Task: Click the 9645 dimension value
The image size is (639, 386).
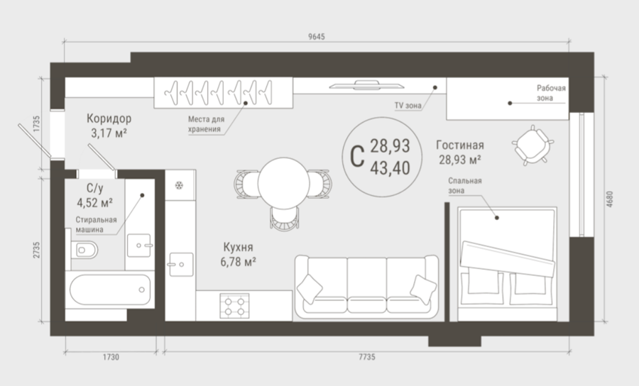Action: point(316,37)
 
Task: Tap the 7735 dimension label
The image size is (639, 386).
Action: point(367,357)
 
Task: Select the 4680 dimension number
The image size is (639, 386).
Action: point(609,199)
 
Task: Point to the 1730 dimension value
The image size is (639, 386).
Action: point(111,357)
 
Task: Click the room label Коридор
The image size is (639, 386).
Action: point(109,118)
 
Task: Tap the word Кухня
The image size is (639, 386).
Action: point(238,247)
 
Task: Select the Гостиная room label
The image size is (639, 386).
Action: point(460,145)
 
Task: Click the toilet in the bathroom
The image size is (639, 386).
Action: point(84,250)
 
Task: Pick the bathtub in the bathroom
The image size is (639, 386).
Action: point(110,289)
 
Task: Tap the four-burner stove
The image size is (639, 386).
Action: point(234,306)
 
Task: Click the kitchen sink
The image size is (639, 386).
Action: point(181,265)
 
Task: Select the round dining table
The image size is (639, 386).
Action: point(283,183)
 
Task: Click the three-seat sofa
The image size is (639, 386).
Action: point(366,287)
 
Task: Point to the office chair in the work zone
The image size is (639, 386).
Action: point(532,145)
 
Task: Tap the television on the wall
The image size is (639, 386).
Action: point(367,85)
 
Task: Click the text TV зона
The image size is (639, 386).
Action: point(408,106)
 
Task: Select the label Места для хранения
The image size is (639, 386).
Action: point(206,124)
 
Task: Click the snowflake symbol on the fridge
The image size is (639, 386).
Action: point(179,186)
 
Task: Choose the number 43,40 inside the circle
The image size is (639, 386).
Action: point(390,167)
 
